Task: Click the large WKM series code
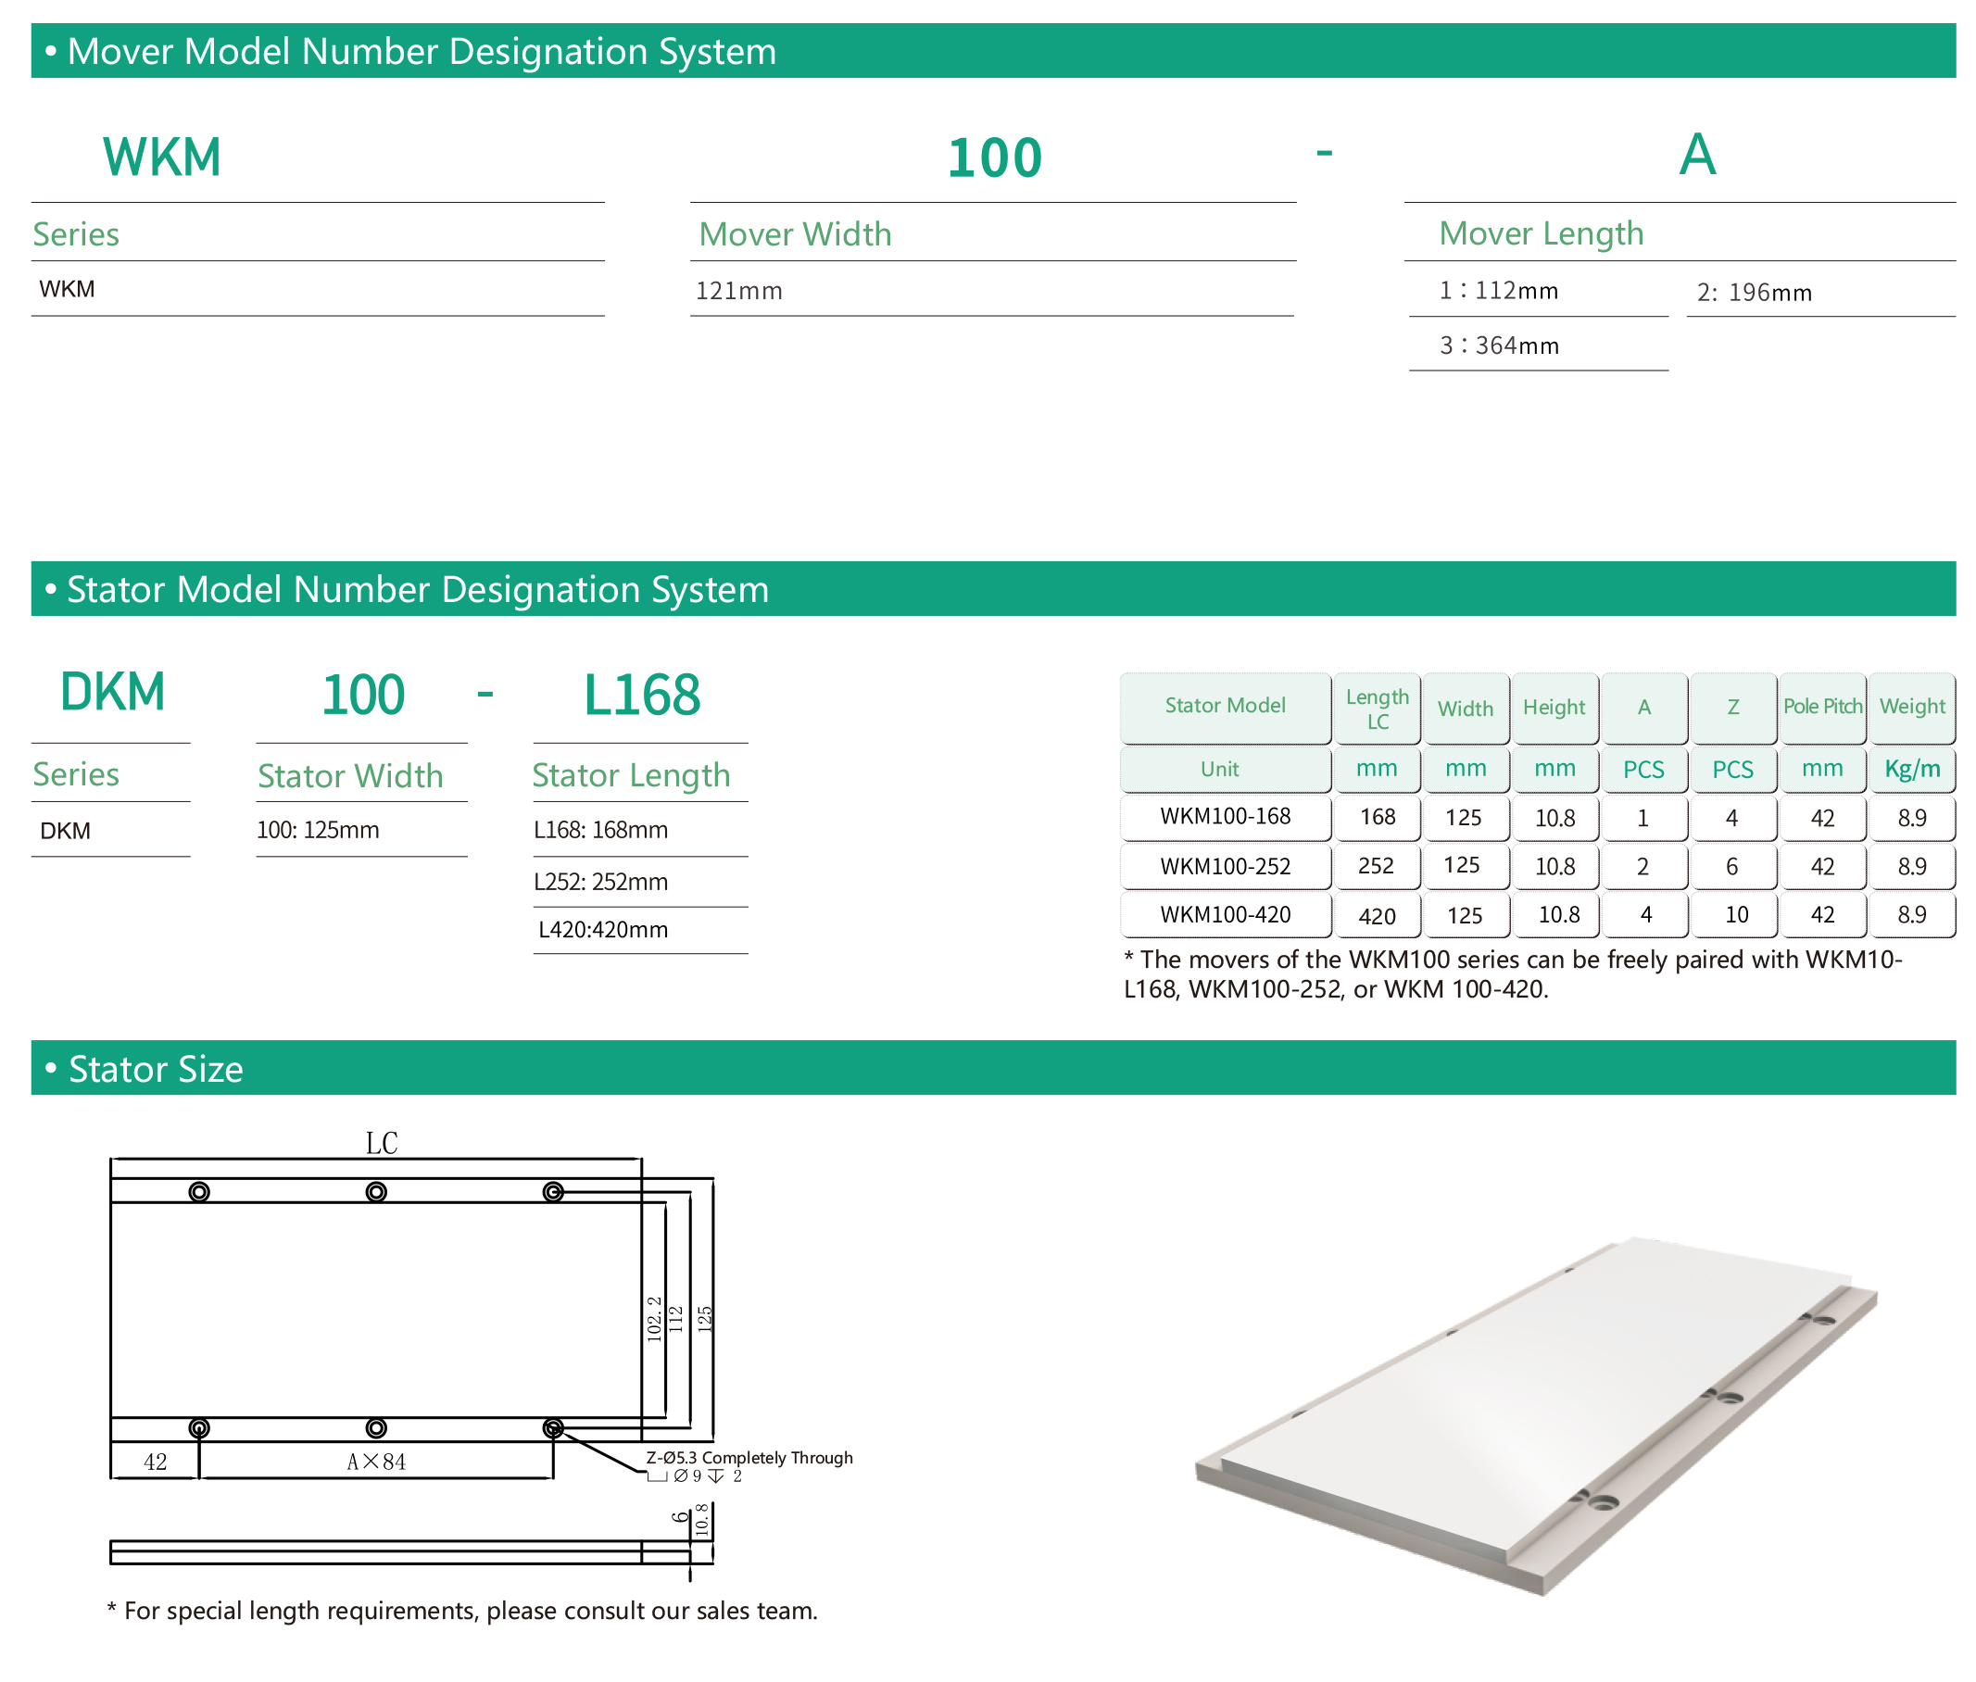tap(162, 157)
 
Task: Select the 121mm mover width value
tap(739, 291)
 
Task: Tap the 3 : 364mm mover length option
tap(1499, 345)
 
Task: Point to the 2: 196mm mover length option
tap(1755, 293)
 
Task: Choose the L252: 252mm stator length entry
tap(601, 882)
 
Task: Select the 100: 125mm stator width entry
tap(318, 830)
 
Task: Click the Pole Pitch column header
tap(1822, 707)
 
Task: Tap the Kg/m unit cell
tap(1912, 769)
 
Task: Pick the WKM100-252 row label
tap(1226, 867)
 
